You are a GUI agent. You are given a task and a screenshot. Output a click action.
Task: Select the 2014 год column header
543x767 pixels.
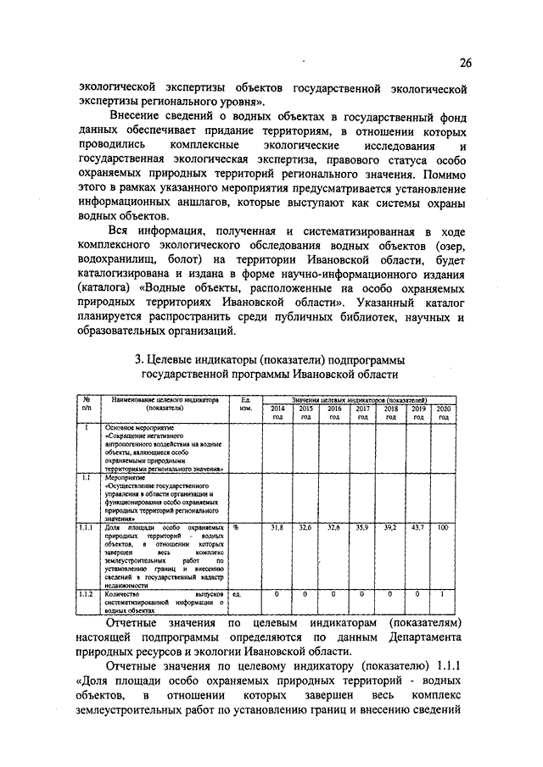point(277,412)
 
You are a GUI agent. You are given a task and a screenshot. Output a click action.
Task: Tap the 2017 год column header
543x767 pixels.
point(362,412)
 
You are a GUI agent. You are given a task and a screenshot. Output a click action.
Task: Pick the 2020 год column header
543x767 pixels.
point(443,412)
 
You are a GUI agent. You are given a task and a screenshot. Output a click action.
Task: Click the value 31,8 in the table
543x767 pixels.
point(277,527)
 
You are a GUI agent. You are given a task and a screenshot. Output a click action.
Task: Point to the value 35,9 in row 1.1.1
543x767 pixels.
point(362,527)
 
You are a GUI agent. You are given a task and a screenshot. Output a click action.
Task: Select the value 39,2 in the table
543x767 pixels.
point(390,527)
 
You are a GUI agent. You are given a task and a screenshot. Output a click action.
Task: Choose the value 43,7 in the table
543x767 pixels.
point(418,527)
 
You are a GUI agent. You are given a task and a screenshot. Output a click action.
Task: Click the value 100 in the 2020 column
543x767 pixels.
point(443,527)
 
